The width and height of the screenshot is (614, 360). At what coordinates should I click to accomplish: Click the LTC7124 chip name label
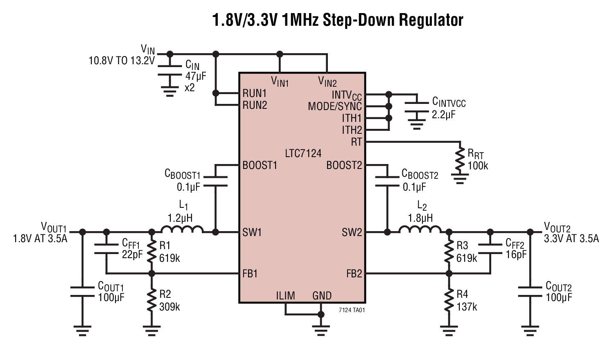click(x=303, y=153)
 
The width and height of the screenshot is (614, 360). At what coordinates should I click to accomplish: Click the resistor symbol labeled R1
click(x=152, y=252)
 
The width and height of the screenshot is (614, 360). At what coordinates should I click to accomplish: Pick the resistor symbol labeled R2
click(x=152, y=301)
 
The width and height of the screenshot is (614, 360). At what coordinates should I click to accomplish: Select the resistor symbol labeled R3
click(x=449, y=252)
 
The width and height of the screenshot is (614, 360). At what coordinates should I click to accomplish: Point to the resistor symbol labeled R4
click(x=449, y=301)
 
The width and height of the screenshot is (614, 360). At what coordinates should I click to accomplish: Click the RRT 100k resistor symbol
click(x=461, y=160)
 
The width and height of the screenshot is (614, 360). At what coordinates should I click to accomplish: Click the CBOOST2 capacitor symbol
click(x=386, y=181)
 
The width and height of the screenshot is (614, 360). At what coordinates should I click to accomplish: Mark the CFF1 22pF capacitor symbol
click(x=106, y=249)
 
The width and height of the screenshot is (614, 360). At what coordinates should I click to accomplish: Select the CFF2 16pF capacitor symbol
click(x=490, y=249)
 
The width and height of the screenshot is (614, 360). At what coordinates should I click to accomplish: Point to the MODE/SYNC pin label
click(x=334, y=107)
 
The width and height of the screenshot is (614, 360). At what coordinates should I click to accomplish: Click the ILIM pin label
click(x=285, y=296)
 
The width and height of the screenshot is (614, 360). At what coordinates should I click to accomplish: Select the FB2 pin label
click(x=354, y=274)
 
